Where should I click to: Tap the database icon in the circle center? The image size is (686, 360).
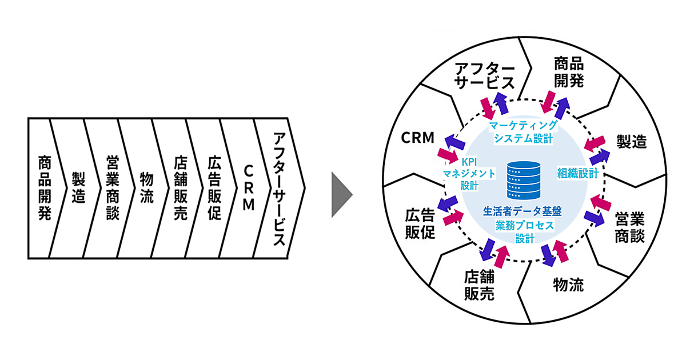tap(524, 179)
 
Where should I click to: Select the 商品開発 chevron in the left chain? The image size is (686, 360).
tap(44, 187)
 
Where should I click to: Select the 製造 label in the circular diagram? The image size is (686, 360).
tap(632, 141)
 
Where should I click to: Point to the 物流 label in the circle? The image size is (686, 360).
tap(569, 285)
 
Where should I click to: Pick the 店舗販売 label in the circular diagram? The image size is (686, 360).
tap(479, 286)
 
